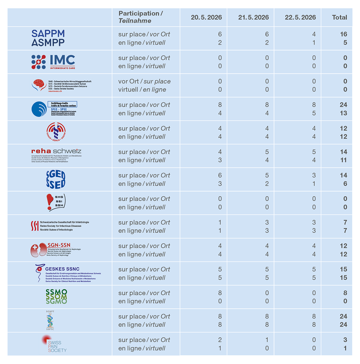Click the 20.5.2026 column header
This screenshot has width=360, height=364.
point(206,18)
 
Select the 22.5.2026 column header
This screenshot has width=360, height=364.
point(300,18)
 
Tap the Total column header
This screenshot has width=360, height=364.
point(339,18)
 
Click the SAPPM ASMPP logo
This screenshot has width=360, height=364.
point(48,38)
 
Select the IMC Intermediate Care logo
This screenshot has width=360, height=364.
point(53,62)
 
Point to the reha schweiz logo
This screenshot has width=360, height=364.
point(56,155)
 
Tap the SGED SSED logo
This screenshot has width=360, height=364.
point(56,180)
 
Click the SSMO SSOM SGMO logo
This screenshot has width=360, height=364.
point(56,297)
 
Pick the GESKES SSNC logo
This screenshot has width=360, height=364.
point(68,273)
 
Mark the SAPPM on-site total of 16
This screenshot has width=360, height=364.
point(343,34)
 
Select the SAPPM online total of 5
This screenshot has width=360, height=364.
point(345,43)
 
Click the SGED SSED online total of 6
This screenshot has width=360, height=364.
point(345,184)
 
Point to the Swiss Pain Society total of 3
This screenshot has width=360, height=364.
point(345,340)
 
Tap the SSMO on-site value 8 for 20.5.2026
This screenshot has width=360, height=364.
point(220,293)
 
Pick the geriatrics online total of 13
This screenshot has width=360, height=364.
point(343,113)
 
